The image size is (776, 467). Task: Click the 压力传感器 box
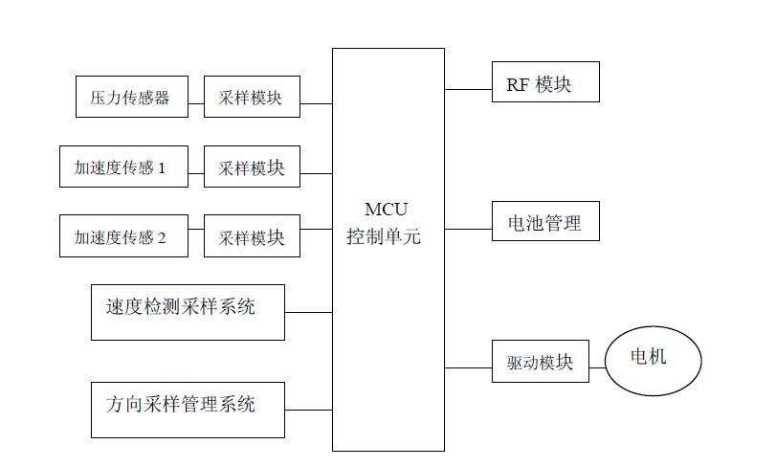[130, 98]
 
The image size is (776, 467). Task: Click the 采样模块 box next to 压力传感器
[252, 98]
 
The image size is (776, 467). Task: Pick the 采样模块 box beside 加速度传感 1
[252, 167]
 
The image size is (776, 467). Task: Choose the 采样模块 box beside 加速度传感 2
[252, 236]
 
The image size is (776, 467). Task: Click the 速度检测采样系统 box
[188, 311]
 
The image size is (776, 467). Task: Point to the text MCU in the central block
[388, 210]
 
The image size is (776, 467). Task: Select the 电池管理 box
[545, 221]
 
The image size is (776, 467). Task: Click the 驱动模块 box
[540, 362]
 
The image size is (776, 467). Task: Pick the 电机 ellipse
[654, 360]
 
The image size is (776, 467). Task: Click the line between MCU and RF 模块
[468, 89]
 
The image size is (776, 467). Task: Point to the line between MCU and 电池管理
[468, 228]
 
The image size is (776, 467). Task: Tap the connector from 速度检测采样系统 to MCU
[308, 312]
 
